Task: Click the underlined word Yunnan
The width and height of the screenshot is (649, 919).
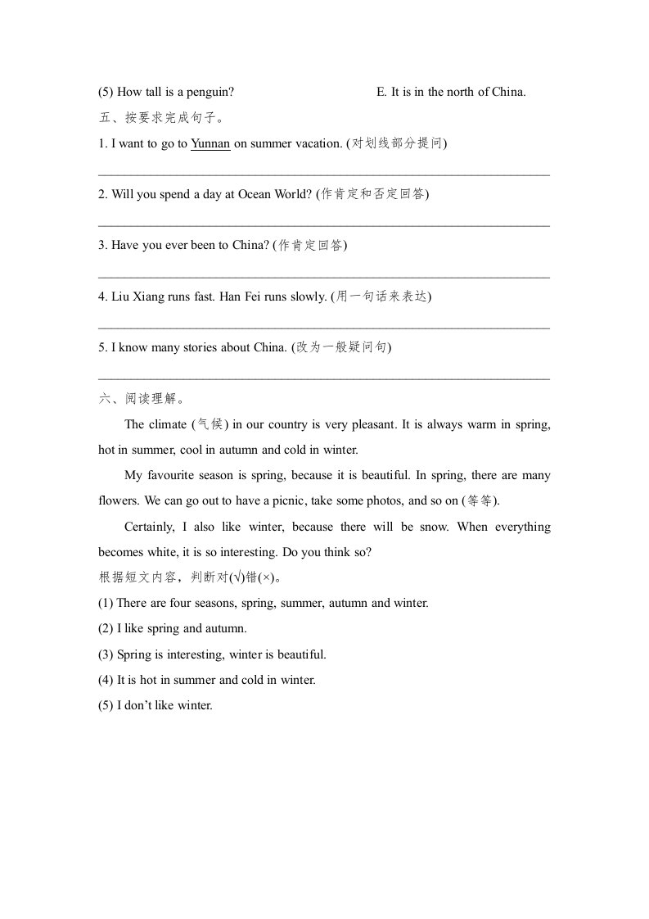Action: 210,143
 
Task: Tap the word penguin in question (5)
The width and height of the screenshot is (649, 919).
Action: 210,92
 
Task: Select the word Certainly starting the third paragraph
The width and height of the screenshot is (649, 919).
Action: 151,527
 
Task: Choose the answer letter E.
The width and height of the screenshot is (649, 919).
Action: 381,92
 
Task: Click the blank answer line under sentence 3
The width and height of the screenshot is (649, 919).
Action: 323,278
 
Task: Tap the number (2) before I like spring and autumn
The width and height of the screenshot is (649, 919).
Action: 106,628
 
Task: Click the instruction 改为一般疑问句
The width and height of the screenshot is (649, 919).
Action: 342,347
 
